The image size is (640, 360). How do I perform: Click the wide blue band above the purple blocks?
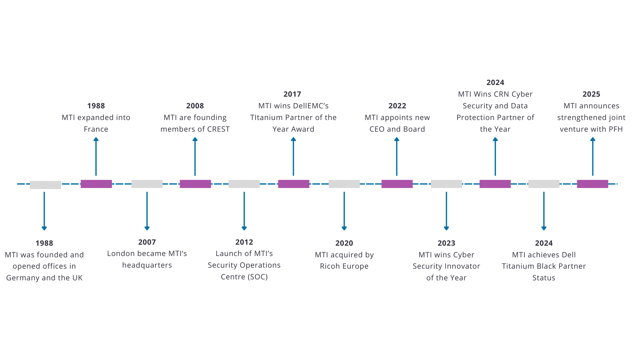click(320, 156)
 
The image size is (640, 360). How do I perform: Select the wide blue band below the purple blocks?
click(320, 211)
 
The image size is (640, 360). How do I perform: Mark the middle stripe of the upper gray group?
click(320, 106)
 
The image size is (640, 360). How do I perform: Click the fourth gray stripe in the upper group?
click(320, 118)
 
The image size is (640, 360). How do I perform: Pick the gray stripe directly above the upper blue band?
click(320, 129)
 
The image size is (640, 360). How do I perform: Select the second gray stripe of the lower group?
click(320, 255)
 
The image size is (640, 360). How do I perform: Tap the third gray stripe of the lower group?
click(320, 266)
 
